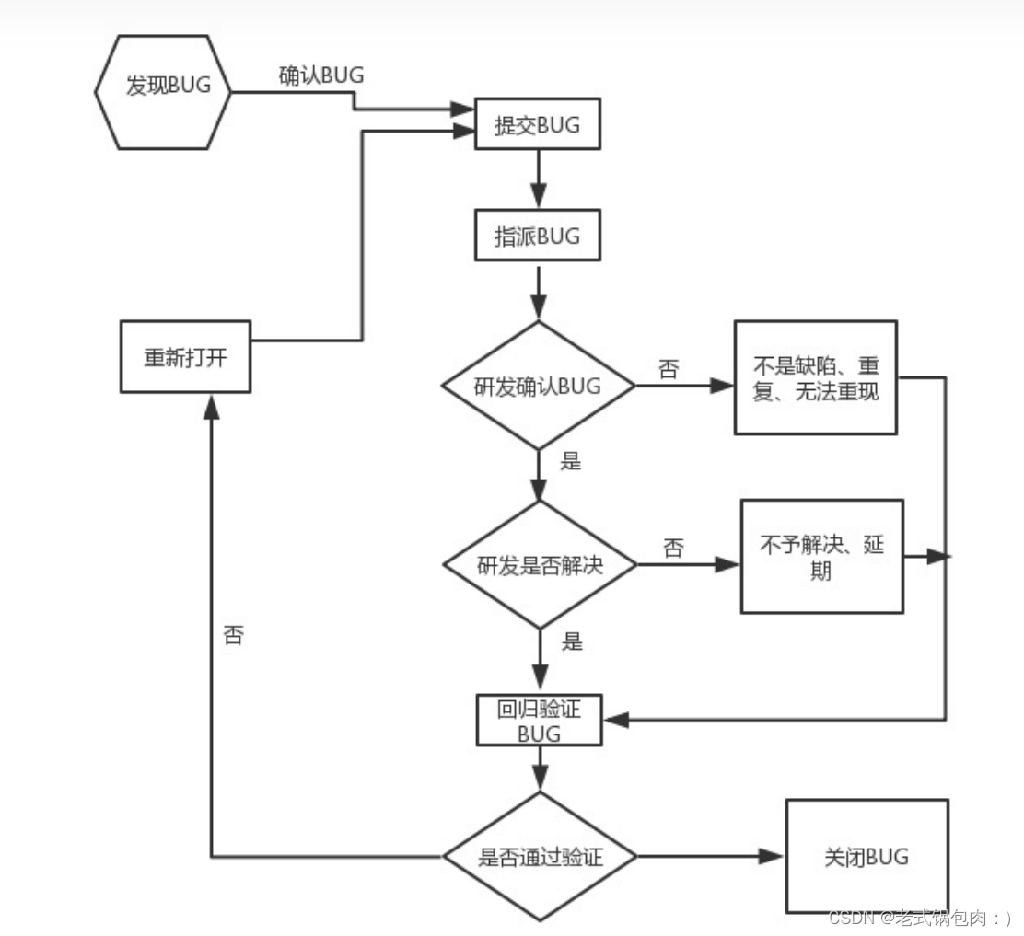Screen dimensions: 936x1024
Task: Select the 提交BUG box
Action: pyautogui.click(x=538, y=125)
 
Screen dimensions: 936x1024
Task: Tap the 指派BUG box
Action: pyautogui.click(x=538, y=237)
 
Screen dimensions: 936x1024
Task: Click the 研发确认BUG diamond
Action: pyautogui.click(x=539, y=385)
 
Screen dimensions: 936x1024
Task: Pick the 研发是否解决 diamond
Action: pyautogui.click(x=541, y=565)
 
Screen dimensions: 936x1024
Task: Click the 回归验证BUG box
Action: pyautogui.click(x=539, y=721)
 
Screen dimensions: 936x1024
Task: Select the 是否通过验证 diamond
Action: pyautogui.click(x=541, y=857)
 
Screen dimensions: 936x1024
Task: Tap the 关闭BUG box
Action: pyautogui.click(x=866, y=857)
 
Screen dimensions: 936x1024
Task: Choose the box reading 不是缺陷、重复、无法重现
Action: pyautogui.click(x=815, y=377)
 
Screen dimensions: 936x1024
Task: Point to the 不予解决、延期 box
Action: pyautogui.click(x=821, y=557)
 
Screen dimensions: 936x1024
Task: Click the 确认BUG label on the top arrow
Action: pyautogui.click(x=321, y=76)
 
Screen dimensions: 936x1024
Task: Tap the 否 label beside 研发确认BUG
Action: pyautogui.click(x=669, y=370)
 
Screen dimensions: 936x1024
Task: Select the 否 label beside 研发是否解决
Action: pyautogui.click(x=673, y=549)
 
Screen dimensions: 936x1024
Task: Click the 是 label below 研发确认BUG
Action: pyautogui.click(x=571, y=461)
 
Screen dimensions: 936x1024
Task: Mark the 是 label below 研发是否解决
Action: pyautogui.click(x=572, y=641)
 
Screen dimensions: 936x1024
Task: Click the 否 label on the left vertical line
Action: pyautogui.click(x=234, y=636)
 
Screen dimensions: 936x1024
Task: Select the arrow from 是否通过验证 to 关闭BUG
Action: pyautogui.click(x=709, y=856)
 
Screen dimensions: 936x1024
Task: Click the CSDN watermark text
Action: pyautogui.click(x=919, y=917)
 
